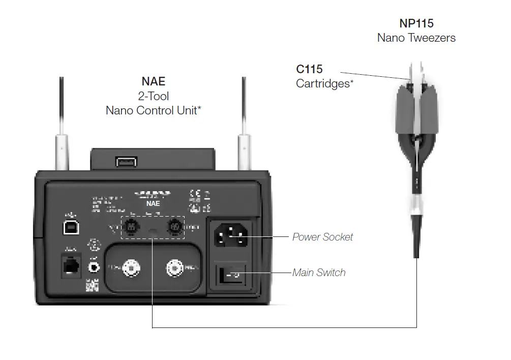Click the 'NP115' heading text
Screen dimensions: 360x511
(416, 23)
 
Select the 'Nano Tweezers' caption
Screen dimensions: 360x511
(416, 38)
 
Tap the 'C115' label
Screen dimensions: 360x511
(309, 70)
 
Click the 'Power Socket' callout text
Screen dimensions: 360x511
(322, 237)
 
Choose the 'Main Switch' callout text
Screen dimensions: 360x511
(319, 273)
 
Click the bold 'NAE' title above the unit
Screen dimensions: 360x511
(154, 81)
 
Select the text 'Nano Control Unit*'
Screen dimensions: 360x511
(154, 110)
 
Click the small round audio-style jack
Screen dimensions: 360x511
(94, 265)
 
